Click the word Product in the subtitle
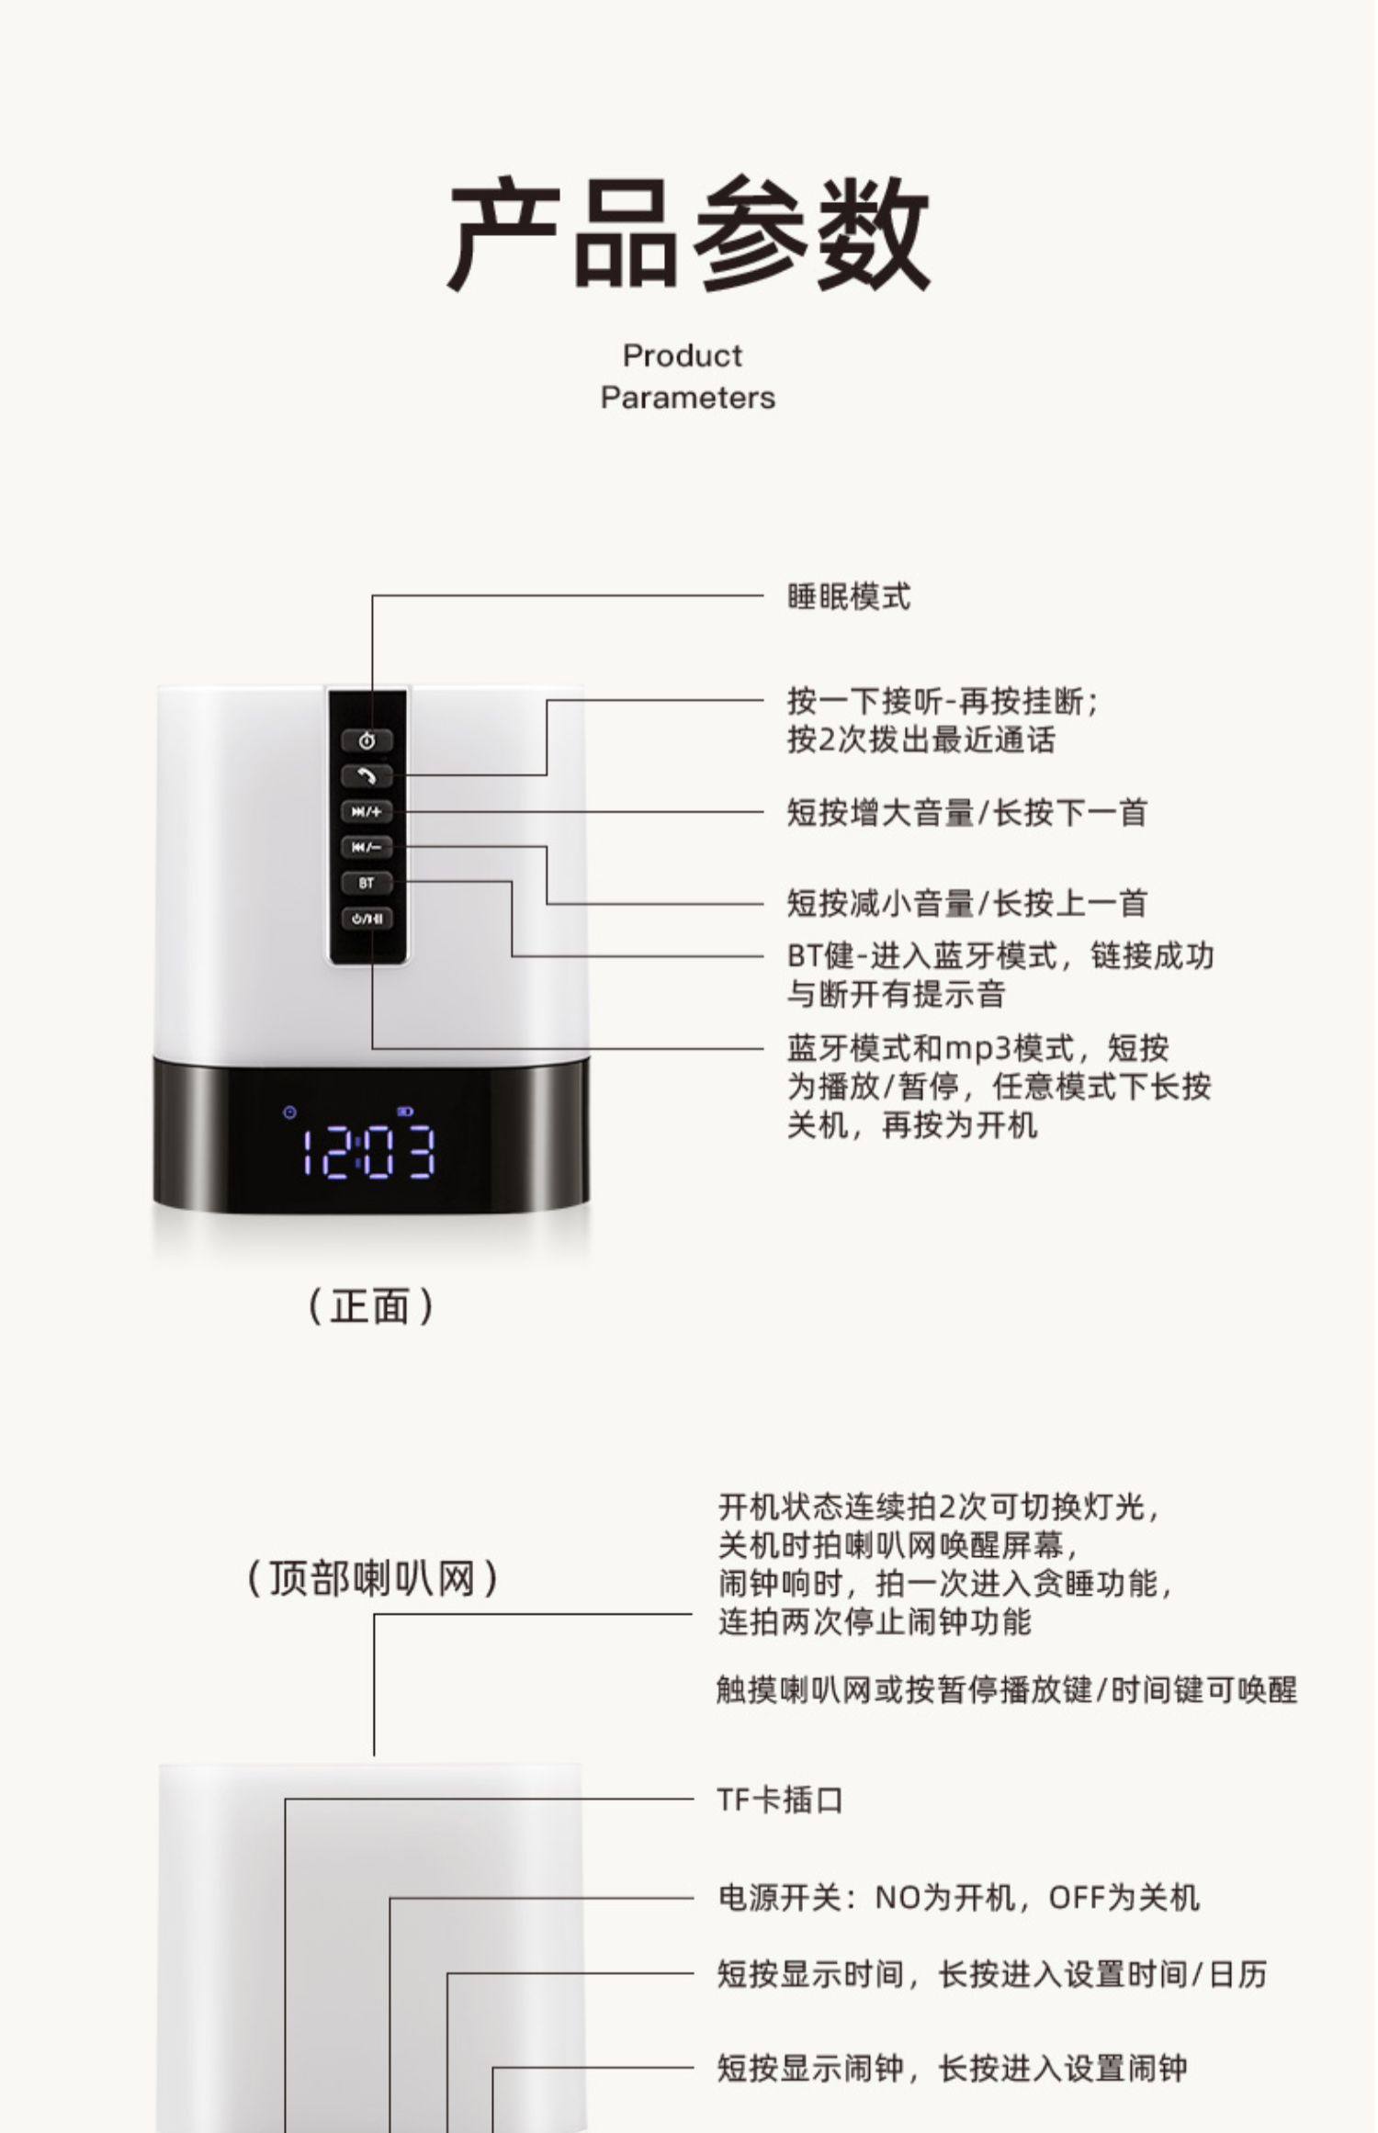tap(683, 355)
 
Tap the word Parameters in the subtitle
tap(688, 398)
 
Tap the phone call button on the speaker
tap(367, 776)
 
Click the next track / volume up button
tap(367, 812)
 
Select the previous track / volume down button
tap(367, 847)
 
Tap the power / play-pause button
tap(367, 918)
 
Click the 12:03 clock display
tap(369, 1152)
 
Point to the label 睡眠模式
tap(849, 597)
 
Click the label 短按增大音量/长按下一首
tap(966, 813)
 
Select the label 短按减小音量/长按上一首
tap(966, 904)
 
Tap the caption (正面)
tap(369, 1305)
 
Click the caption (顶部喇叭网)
tap(373, 1578)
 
